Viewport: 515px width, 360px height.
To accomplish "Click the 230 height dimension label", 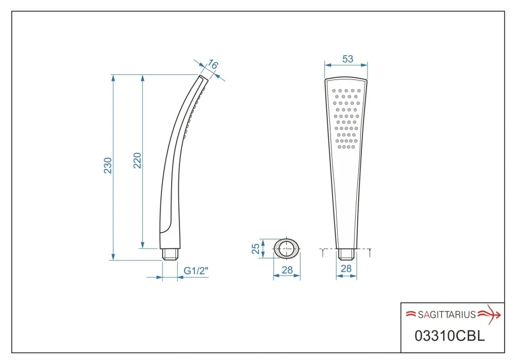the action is pyautogui.click(x=108, y=166).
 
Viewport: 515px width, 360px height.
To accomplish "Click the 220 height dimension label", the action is pyautogui.click(x=137, y=160).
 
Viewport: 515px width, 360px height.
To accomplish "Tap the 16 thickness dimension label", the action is pyautogui.click(x=213, y=64).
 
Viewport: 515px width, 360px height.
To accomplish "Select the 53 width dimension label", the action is pyautogui.click(x=347, y=59).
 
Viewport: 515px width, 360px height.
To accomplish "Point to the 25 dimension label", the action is pyautogui.click(x=256, y=249).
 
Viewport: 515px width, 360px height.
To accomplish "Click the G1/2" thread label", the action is pyautogui.click(x=196, y=271).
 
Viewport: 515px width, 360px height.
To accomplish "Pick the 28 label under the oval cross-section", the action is pyautogui.click(x=287, y=270).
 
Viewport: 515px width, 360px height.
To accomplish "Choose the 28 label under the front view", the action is pyautogui.click(x=346, y=269).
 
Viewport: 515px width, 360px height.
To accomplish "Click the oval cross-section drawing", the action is pyautogui.click(x=287, y=249).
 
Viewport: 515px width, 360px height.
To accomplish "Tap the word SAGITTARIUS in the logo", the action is pyautogui.click(x=446, y=315).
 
